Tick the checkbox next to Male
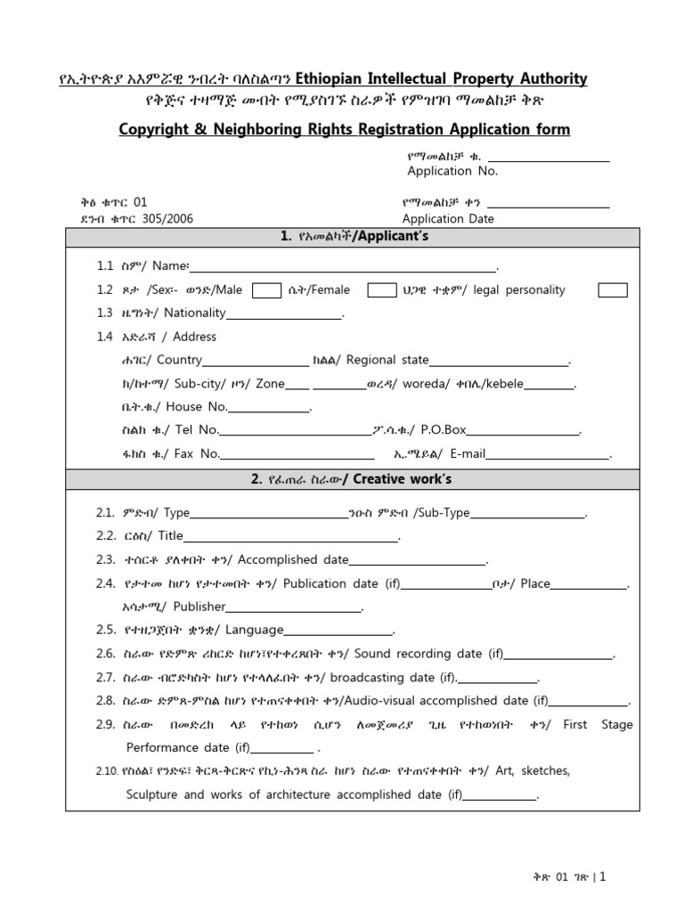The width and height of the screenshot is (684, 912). pos(267,289)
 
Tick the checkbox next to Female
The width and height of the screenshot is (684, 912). pos(382,289)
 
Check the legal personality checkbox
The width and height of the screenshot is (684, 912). pos(612,289)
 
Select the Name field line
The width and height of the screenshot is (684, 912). pos(344,268)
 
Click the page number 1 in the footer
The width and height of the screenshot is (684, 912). pos(602,877)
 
